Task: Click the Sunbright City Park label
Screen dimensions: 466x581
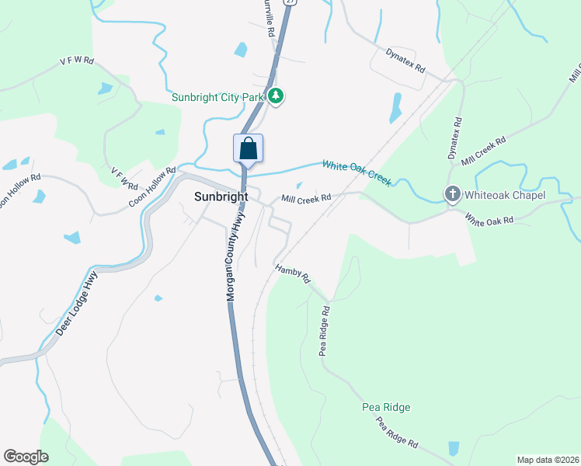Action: pos(218,96)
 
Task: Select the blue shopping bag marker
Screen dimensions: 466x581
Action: pos(248,148)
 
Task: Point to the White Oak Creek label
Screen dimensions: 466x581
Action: pos(357,172)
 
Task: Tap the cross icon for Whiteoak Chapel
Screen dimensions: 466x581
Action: pos(452,194)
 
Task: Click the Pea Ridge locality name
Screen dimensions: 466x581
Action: pos(386,407)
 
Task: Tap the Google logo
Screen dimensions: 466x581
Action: pos(26,457)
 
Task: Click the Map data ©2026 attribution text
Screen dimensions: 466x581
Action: pos(548,460)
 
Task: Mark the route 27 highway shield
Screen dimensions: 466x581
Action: pos(290,2)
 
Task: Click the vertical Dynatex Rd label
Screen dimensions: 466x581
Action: pos(454,139)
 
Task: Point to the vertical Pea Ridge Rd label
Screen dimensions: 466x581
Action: pos(325,331)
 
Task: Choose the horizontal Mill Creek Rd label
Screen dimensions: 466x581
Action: pos(306,199)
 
